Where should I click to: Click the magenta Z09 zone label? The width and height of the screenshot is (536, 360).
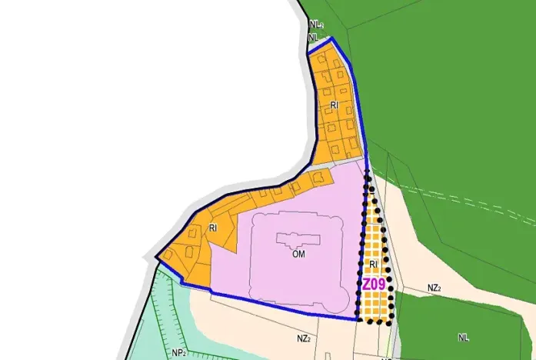[375, 284]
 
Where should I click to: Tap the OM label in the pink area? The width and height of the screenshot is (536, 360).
[299, 255]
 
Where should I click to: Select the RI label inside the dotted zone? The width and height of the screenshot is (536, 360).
[373, 265]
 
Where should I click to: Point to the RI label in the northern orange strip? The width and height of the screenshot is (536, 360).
[335, 105]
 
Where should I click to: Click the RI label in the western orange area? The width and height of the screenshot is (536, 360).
[213, 228]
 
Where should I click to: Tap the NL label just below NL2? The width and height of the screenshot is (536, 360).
[313, 36]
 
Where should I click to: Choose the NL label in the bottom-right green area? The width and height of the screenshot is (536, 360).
[463, 337]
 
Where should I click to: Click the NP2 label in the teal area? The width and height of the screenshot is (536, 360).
[180, 353]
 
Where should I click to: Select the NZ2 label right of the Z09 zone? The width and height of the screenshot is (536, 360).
[434, 288]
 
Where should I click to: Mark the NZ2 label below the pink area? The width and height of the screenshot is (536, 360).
[303, 338]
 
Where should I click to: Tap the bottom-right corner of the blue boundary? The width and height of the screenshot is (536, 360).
[358, 319]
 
